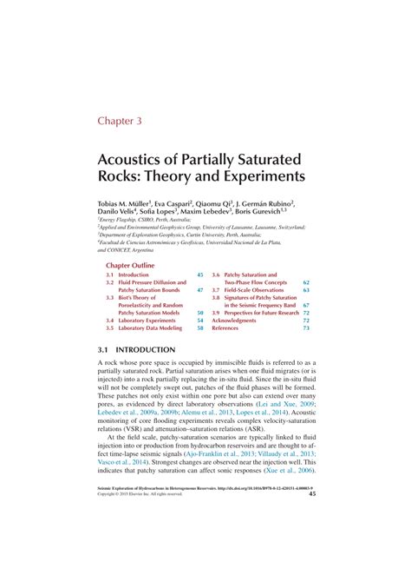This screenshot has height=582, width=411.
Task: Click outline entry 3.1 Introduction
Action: point(127,275)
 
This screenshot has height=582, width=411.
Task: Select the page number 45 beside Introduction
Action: point(199,275)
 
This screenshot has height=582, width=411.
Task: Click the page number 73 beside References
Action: point(306,329)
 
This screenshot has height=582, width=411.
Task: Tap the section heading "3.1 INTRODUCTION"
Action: point(137,350)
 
